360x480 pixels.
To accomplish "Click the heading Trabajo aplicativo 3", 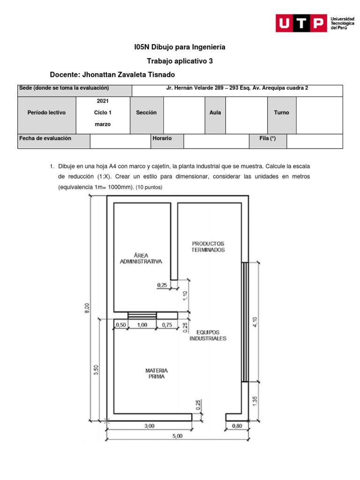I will click(180, 61).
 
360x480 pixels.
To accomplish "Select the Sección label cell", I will click(146, 112).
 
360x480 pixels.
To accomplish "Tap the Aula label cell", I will click(215, 112).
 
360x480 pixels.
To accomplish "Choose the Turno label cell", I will click(281, 112).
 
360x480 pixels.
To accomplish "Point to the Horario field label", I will click(162, 139).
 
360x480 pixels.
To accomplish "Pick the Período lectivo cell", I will click(47, 112).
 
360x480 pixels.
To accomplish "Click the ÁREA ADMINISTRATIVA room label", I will click(141, 258).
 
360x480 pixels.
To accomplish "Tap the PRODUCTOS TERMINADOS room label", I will click(208, 247).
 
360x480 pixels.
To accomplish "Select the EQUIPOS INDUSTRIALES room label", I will click(208, 335).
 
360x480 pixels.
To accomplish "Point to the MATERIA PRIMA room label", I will click(156, 373).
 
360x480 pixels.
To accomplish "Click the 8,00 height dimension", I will click(87, 308).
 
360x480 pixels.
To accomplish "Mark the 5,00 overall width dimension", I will click(178, 435).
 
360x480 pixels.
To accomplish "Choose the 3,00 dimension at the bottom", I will click(149, 426).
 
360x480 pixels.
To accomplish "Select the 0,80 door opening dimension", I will click(237, 426).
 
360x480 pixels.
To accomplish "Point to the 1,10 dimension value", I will click(185, 295).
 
